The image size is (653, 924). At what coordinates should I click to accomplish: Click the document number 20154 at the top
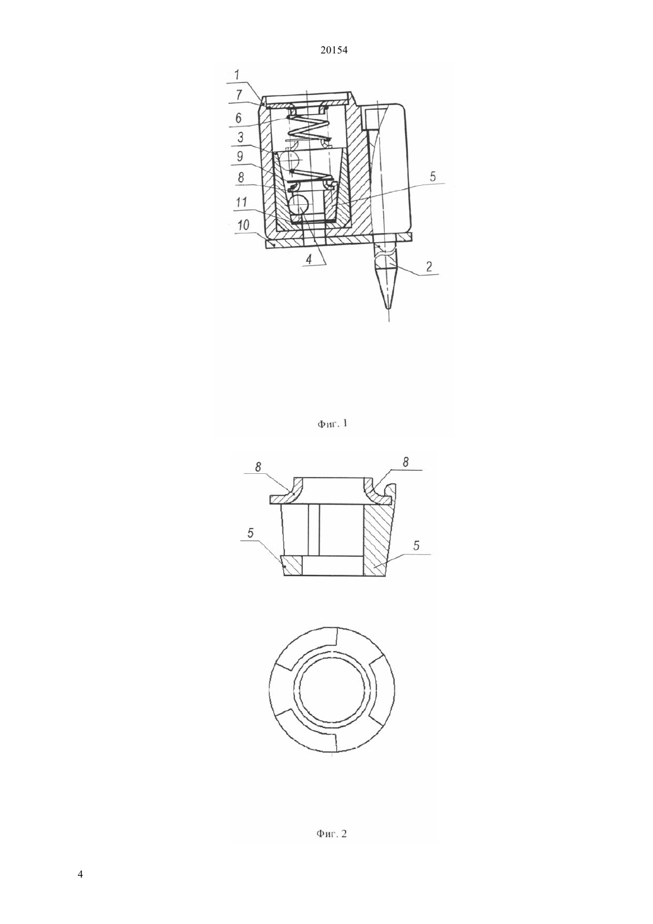point(334,50)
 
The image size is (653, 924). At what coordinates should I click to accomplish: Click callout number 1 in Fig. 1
point(237,75)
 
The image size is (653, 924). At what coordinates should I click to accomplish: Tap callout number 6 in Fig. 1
point(238,118)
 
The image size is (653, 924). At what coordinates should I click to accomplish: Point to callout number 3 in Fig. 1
point(240,137)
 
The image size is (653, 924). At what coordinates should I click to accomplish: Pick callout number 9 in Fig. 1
point(240,156)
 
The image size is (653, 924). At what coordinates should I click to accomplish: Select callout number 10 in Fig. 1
point(243,225)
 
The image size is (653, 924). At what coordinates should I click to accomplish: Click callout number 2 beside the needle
point(429,266)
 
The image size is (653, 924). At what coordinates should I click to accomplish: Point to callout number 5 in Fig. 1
point(432,176)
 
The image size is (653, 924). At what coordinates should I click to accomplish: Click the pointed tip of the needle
point(388,308)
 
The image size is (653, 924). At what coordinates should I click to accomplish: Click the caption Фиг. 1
point(332,423)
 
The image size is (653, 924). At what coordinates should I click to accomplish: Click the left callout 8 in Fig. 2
point(258,467)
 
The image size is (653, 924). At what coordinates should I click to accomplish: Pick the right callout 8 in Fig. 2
point(405,463)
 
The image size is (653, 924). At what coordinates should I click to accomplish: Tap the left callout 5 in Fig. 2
point(251,533)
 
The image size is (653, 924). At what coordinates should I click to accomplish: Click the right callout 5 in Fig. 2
point(416,546)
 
